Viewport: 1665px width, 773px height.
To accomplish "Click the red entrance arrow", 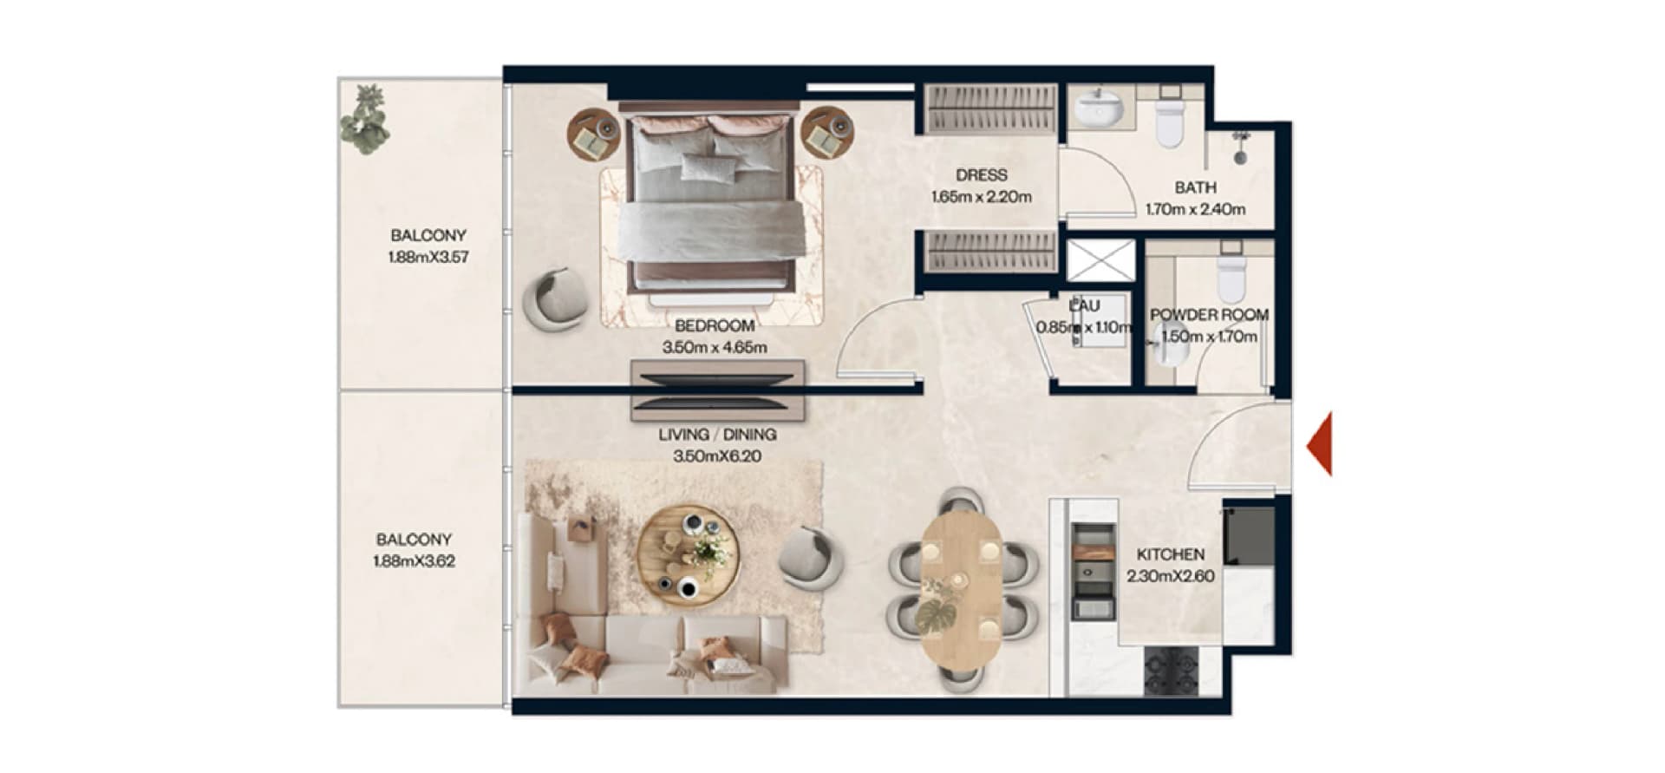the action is [1321, 445].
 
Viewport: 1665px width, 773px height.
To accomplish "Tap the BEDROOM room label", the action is [715, 326].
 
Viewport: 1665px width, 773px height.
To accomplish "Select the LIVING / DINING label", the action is [717, 434].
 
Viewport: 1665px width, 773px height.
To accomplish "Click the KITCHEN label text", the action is [1170, 554].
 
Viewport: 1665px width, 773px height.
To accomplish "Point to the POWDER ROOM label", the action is [1209, 315].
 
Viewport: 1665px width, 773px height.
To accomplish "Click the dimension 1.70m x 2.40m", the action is [1195, 209].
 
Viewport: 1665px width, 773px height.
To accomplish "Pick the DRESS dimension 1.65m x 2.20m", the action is [982, 197].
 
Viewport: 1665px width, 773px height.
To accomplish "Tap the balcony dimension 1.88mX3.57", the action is [428, 258].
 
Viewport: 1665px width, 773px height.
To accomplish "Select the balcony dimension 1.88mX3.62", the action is [414, 561].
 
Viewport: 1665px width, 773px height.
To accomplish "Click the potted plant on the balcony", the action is [366, 120].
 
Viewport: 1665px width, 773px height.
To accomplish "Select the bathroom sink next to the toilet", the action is [1099, 108].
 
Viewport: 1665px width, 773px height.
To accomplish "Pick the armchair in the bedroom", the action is [554, 299].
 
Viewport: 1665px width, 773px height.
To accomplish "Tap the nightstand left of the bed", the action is [595, 134].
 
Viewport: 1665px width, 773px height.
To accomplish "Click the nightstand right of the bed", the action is [827, 133].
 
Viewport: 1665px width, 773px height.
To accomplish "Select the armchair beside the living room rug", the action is [811, 560].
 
